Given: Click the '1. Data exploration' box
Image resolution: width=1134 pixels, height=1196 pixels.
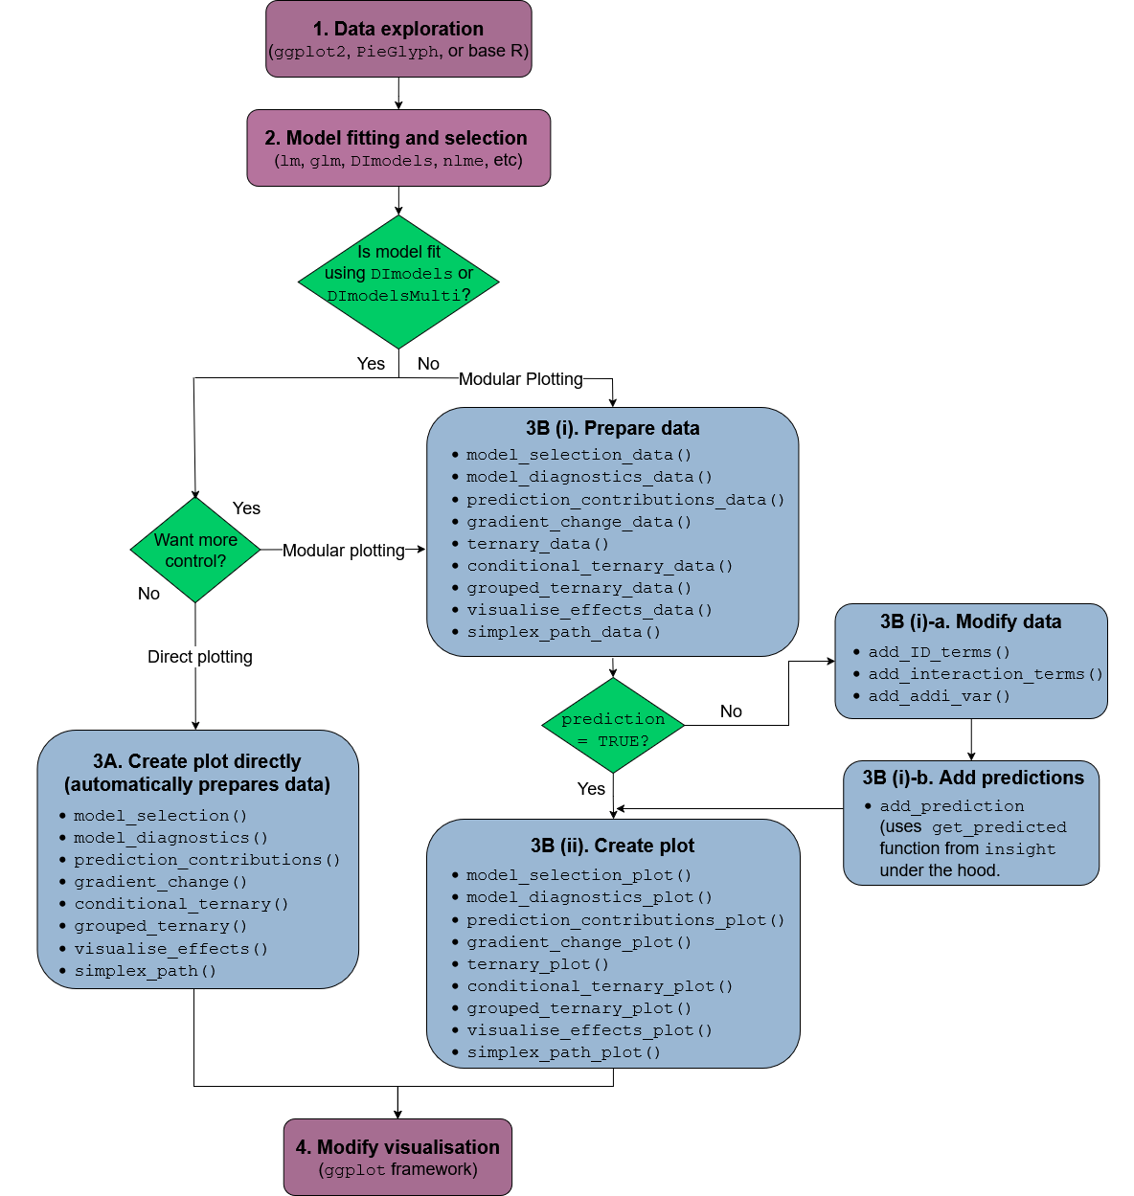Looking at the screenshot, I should pyautogui.click(x=398, y=39).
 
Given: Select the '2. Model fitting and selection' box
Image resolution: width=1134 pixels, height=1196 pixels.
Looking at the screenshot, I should pyautogui.click(x=398, y=147).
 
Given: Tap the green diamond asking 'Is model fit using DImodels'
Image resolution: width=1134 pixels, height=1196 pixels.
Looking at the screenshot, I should pyautogui.click(x=398, y=281).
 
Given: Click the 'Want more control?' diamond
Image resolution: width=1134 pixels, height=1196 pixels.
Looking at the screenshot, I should pyautogui.click(x=195, y=550).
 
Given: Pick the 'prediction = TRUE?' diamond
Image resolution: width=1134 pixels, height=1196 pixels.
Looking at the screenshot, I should pyautogui.click(x=613, y=726).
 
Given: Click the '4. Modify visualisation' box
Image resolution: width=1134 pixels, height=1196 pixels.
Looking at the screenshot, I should pyautogui.click(x=397, y=1157).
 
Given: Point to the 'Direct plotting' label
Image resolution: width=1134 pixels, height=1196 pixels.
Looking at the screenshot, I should pyautogui.click(x=200, y=657).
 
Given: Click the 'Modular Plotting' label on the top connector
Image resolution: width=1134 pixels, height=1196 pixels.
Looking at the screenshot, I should pyautogui.click(x=520, y=379).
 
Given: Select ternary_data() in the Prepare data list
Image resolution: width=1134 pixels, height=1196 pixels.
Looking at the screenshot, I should pyautogui.click(x=537, y=544).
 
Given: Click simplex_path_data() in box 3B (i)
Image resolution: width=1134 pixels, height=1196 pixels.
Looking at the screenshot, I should pyautogui.click(x=563, y=632).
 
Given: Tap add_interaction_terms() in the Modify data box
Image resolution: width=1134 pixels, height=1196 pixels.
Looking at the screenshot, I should pyautogui.click(x=985, y=674).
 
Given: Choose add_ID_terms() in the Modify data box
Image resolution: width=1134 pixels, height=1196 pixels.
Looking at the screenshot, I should pyautogui.click(x=939, y=652).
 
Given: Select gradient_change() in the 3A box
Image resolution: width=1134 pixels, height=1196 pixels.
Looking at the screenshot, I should pyautogui.click(x=161, y=882).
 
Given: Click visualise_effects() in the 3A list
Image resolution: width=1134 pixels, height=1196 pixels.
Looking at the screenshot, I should pyautogui.click(x=170, y=949).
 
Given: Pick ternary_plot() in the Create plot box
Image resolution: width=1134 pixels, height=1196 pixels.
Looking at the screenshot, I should pyautogui.click(x=537, y=964).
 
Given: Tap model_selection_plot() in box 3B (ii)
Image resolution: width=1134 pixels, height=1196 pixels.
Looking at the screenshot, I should pyautogui.click(x=578, y=875).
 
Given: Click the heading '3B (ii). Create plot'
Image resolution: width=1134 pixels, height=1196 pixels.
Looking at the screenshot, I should pyautogui.click(x=613, y=846).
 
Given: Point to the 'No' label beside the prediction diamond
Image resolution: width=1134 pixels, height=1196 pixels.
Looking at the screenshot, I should pyautogui.click(x=731, y=711).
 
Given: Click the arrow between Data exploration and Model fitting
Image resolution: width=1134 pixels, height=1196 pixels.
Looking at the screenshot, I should pyautogui.click(x=398, y=94).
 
